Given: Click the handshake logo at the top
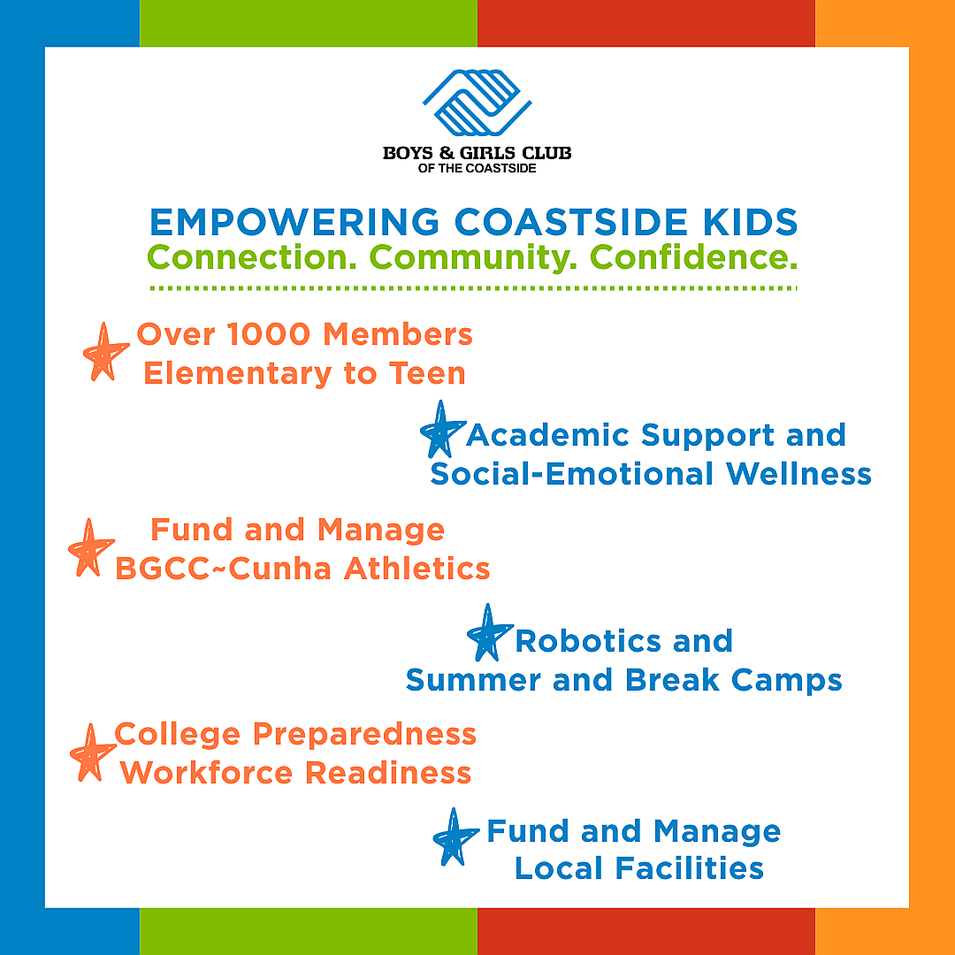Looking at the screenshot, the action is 477,103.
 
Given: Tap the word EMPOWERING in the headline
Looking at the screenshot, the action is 294,222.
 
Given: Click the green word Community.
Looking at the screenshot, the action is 472,257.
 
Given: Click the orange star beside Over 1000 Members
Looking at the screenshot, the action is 104,352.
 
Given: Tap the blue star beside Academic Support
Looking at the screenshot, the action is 442,430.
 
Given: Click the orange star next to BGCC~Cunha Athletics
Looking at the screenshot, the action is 91,547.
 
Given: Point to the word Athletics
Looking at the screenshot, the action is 417,569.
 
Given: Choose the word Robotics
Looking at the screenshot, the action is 588,641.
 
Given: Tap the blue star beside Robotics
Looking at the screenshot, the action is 489,633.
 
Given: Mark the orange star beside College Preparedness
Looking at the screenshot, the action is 92,753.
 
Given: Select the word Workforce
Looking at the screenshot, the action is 206,773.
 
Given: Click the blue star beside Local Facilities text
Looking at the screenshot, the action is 455,837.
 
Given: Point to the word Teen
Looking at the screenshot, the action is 428,373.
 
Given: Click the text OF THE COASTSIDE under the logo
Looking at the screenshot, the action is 477,168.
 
